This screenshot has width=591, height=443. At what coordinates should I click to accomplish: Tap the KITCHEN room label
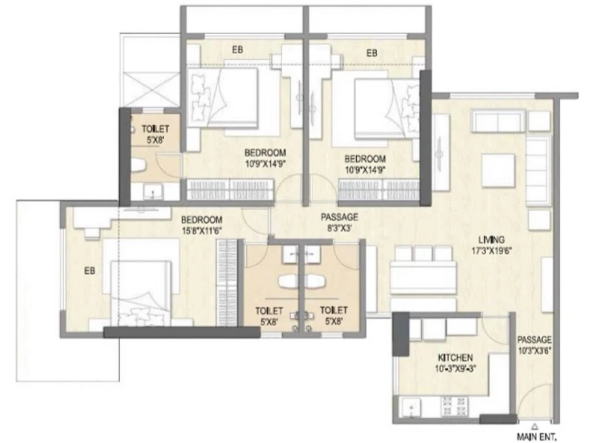[455, 357]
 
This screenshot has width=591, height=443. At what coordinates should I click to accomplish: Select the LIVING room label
[491, 240]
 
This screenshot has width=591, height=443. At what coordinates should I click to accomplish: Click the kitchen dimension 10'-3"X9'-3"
[455, 368]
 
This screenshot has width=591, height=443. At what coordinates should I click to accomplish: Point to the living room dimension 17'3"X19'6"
[491, 251]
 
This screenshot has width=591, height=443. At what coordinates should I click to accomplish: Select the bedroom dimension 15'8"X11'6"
[202, 231]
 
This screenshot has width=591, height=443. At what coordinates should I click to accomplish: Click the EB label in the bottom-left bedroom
[89, 271]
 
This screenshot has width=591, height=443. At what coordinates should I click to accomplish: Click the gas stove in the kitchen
[454, 406]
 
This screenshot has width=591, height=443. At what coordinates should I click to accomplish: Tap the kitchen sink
[411, 408]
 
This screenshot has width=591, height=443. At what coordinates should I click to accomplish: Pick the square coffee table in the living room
[498, 170]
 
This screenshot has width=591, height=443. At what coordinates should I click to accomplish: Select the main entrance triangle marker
[534, 427]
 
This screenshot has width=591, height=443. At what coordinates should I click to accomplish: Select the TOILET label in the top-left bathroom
[155, 129]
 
